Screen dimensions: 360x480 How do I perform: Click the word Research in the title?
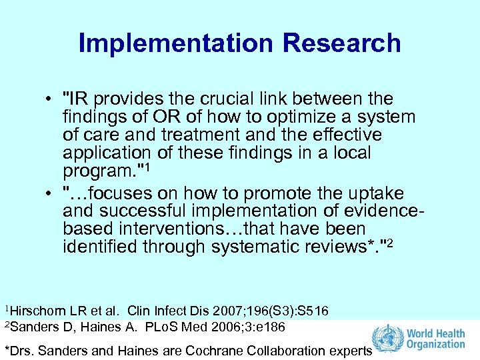[341, 43]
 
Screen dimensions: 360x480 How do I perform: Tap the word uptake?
[376, 193]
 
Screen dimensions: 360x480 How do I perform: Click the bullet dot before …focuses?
[51, 194]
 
